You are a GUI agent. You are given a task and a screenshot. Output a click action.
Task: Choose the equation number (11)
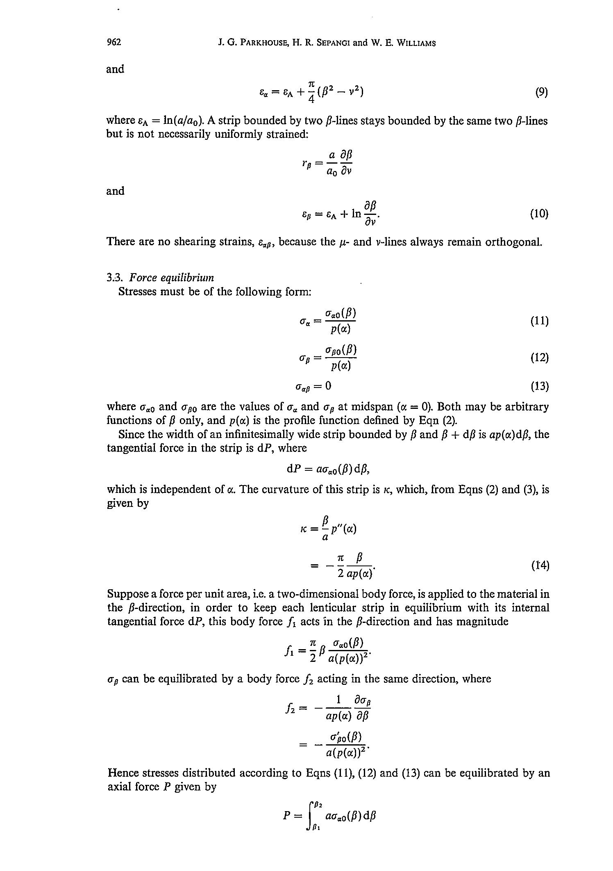pyautogui.click(x=539, y=321)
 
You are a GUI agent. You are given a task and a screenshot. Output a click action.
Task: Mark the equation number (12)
pyautogui.click(x=539, y=358)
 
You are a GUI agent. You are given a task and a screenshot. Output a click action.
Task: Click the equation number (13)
pyautogui.click(x=539, y=386)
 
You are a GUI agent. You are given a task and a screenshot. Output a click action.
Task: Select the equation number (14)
pyautogui.click(x=540, y=565)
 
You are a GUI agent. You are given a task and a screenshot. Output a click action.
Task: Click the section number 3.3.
pyautogui.click(x=115, y=278)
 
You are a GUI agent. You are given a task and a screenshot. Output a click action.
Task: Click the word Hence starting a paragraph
pyautogui.click(x=123, y=773)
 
